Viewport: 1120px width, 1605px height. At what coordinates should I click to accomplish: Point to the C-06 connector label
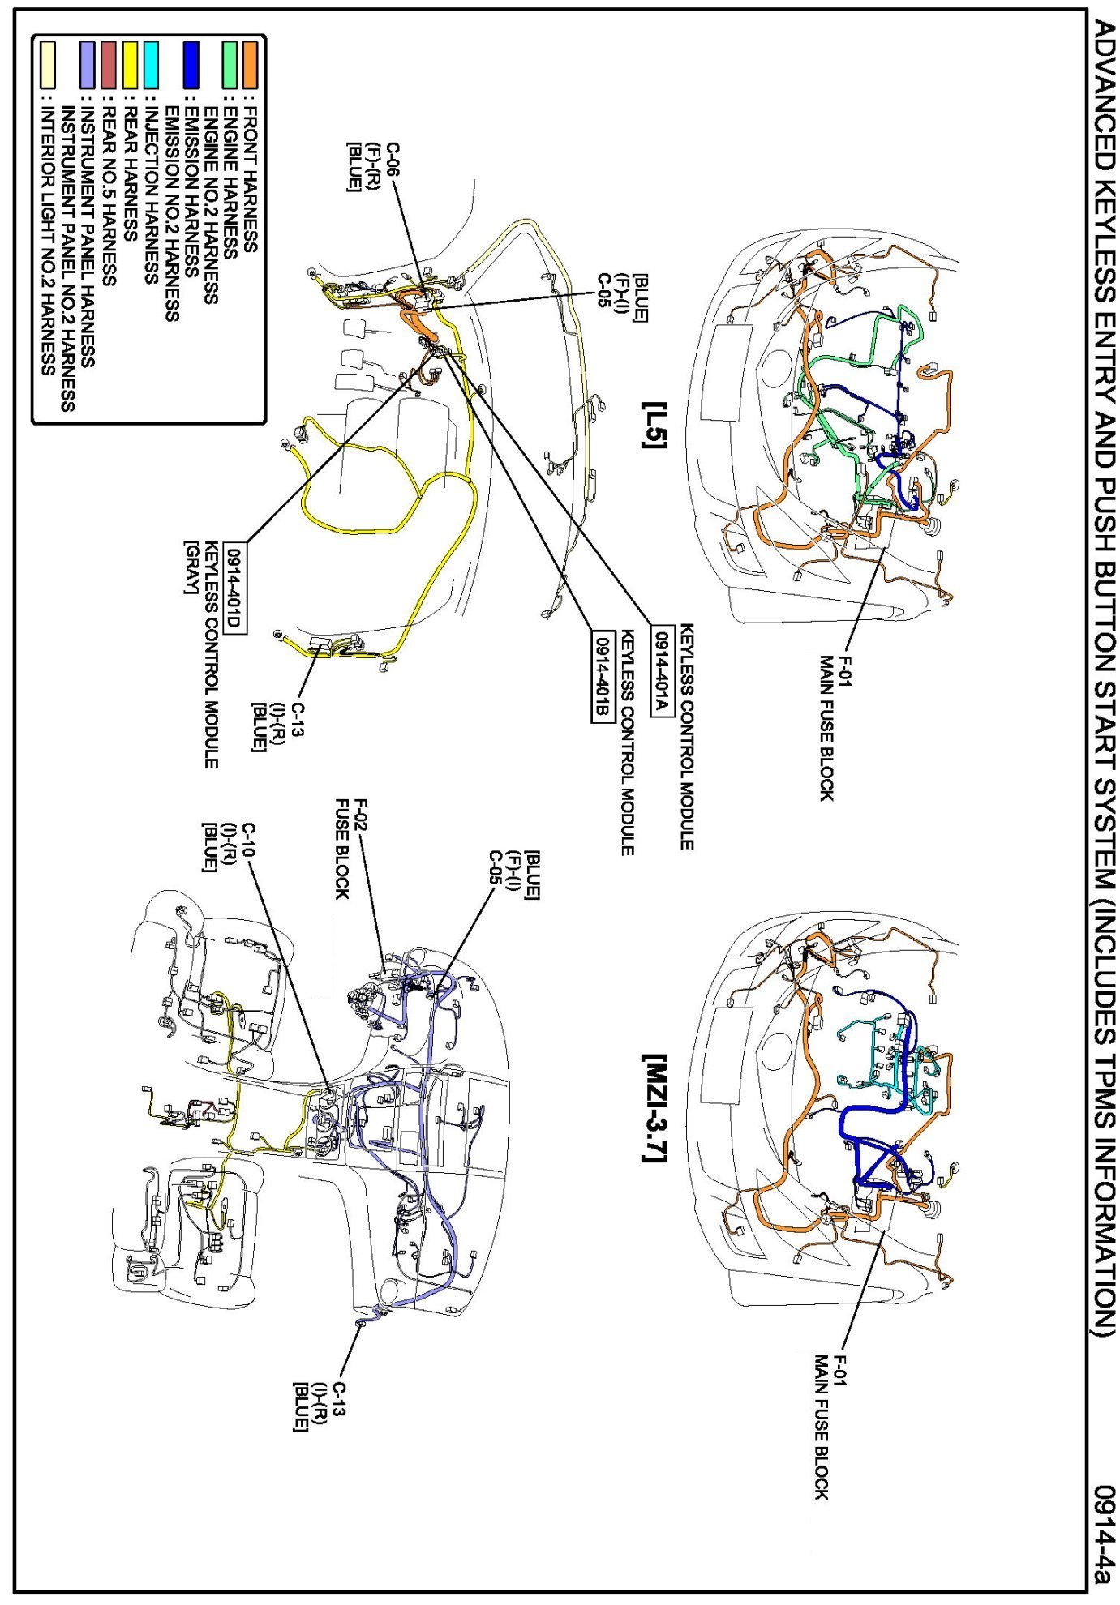click(393, 159)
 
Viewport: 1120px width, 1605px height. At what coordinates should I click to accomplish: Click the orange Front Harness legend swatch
click(249, 65)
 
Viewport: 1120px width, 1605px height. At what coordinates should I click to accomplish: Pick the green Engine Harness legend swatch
click(230, 65)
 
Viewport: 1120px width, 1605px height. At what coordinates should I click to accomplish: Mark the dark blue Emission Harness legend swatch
click(191, 65)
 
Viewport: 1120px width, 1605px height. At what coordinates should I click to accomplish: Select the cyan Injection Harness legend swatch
click(150, 65)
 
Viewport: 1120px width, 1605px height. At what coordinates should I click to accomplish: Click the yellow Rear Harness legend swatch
click(130, 65)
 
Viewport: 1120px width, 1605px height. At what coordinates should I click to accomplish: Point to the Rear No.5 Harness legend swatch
click(109, 65)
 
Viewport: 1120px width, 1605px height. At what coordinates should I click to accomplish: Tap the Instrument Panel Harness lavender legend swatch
click(88, 65)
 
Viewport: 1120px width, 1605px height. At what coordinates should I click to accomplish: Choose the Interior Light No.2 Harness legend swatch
click(48, 65)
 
